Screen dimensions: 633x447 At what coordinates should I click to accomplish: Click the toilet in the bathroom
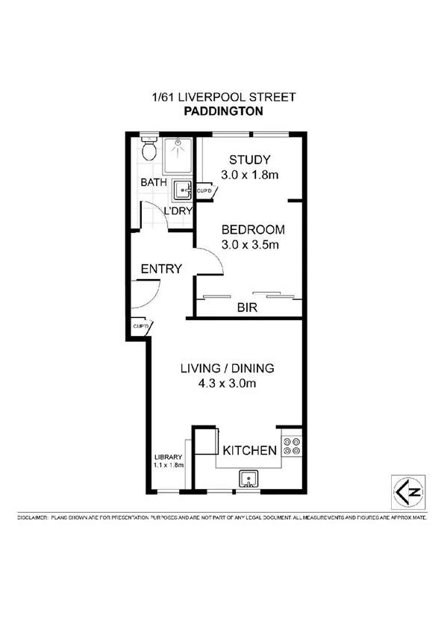pyautogui.click(x=149, y=149)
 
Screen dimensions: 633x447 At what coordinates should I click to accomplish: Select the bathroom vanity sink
pyautogui.click(x=181, y=192)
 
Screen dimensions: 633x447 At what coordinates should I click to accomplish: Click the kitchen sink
pyautogui.click(x=247, y=478)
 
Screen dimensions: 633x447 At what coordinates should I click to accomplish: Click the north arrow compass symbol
pyautogui.click(x=409, y=490)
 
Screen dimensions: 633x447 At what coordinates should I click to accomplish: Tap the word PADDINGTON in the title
pyautogui.click(x=223, y=111)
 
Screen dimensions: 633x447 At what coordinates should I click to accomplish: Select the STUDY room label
pyautogui.click(x=249, y=160)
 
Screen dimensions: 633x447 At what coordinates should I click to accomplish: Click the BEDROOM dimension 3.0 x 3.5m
pyautogui.click(x=250, y=244)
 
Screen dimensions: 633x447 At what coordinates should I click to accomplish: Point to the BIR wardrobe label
pyautogui.click(x=247, y=308)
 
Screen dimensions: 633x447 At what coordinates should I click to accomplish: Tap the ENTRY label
pyautogui.click(x=161, y=269)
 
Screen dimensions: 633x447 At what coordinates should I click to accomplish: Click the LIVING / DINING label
pyautogui.click(x=228, y=368)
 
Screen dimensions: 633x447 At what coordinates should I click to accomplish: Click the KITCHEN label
pyautogui.click(x=250, y=450)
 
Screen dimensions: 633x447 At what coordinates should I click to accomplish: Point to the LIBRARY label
pyautogui.click(x=169, y=457)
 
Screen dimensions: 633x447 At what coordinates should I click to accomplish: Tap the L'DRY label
pyautogui.click(x=179, y=211)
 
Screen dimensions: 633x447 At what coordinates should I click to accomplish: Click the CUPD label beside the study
pyautogui.click(x=205, y=192)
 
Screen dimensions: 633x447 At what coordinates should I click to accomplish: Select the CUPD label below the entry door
pyautogui.click(x=141, y=326)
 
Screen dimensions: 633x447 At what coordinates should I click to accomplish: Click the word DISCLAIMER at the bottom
pyautogui.click(x=32, y=517)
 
